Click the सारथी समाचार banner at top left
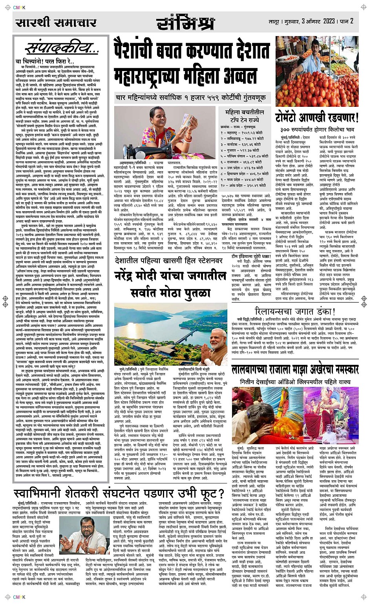pos(55,23)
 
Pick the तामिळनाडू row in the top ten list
pos(242,139)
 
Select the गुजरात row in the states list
pos(242,150)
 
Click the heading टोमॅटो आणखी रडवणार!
pos(316,117)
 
